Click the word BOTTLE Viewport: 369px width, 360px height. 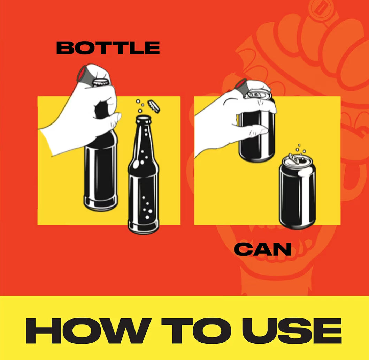(x=108, y=47)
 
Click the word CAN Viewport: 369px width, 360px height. (x=263, y=249)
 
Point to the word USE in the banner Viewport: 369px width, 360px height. (x=292, y=331)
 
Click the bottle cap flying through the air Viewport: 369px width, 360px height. (x=154, y=106)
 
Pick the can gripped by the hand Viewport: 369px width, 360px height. (x=257, y=127)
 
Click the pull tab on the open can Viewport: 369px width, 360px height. (x=293, y=158)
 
